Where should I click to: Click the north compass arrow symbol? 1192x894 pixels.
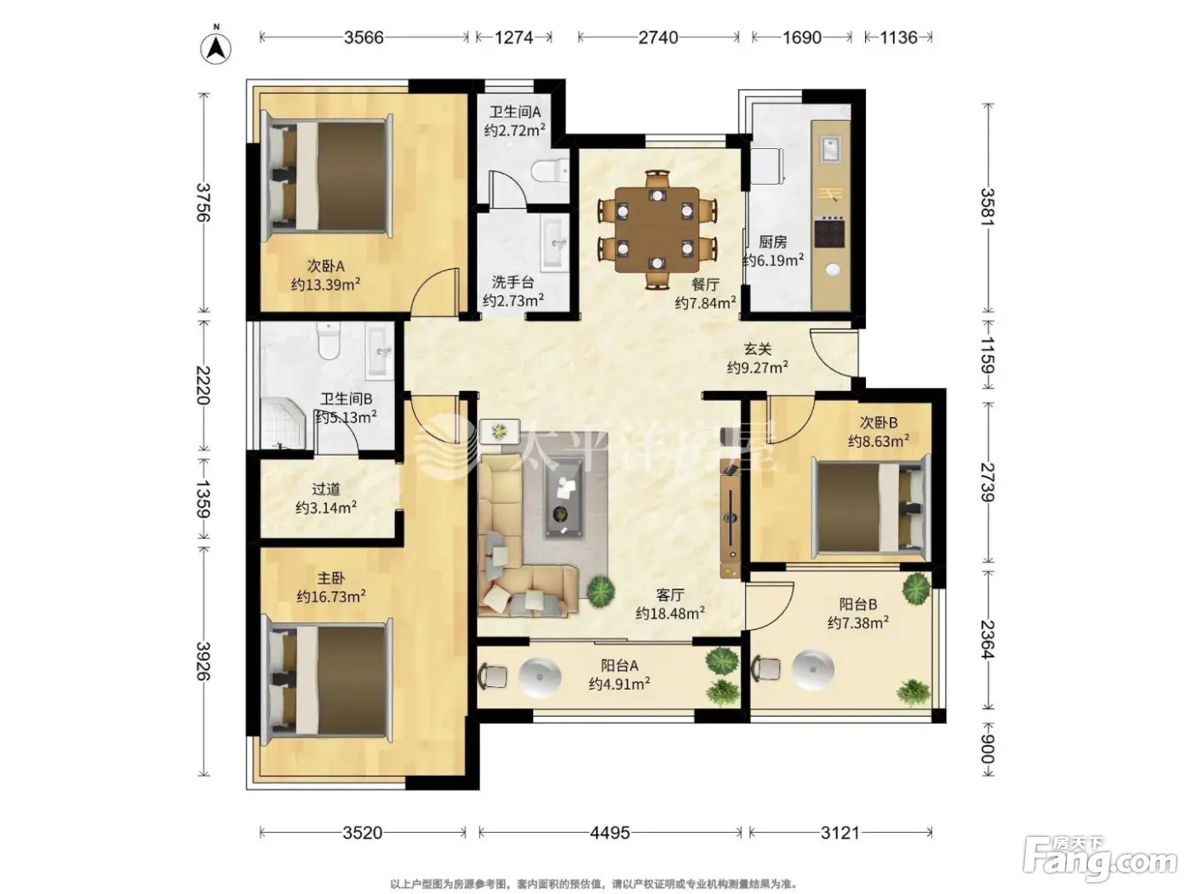[x=215, y=48]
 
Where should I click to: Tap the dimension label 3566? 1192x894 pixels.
[x=364, y=37]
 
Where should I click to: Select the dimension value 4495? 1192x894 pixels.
[x=610, y=832]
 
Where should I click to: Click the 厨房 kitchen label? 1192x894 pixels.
[x=772, y=242]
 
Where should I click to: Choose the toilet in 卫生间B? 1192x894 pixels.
[x=329, y=341]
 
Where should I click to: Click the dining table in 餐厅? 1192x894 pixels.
[x=656, y=230]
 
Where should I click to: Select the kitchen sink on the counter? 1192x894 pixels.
[x=830, y=150]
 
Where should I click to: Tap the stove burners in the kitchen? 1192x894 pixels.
[x=830, y=232]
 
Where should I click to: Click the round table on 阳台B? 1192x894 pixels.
[x=812, y=670]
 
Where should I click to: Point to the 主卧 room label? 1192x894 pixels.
[x=330, y=579]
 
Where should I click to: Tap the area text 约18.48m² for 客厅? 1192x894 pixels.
[x=670, y=613]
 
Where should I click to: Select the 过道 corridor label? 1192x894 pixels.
[x=326, y=489]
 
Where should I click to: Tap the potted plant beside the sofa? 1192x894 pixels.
[x=600, y=590]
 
